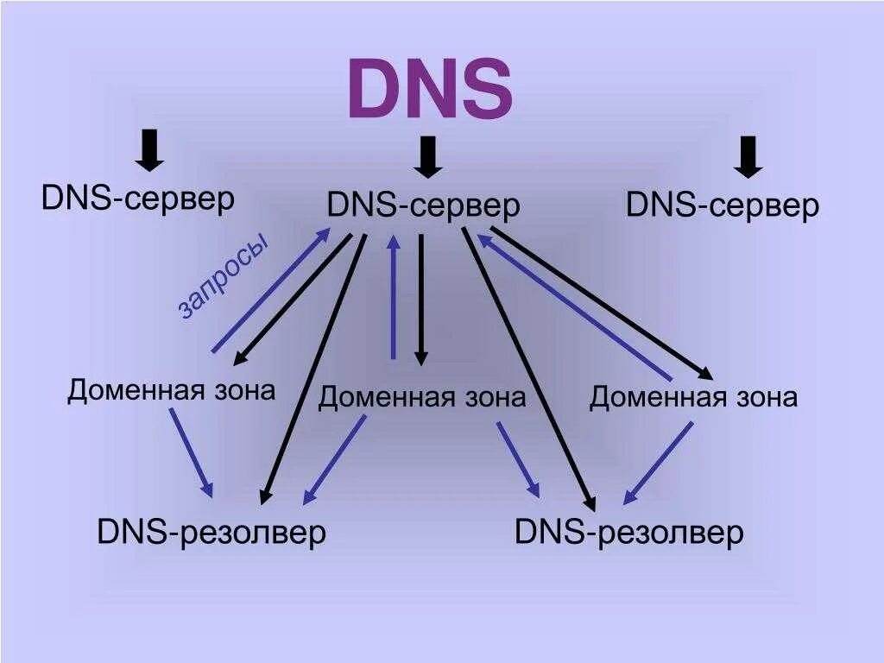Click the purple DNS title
click(429, 90)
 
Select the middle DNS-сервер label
click(424, 206)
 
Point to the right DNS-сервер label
click(723, 206)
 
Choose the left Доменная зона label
click(172, 390)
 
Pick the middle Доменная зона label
click(422, 398)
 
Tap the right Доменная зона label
click(693, 398)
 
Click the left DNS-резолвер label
click(212, 532)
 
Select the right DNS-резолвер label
click(629, 532)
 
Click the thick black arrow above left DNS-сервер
click(150, 150)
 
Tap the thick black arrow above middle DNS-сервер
click(428, 156)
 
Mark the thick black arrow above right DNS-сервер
click(748, 156)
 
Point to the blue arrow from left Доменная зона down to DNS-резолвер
click(191, 451)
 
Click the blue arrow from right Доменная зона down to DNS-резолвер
click(659, 462)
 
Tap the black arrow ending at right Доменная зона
click(602, 303)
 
